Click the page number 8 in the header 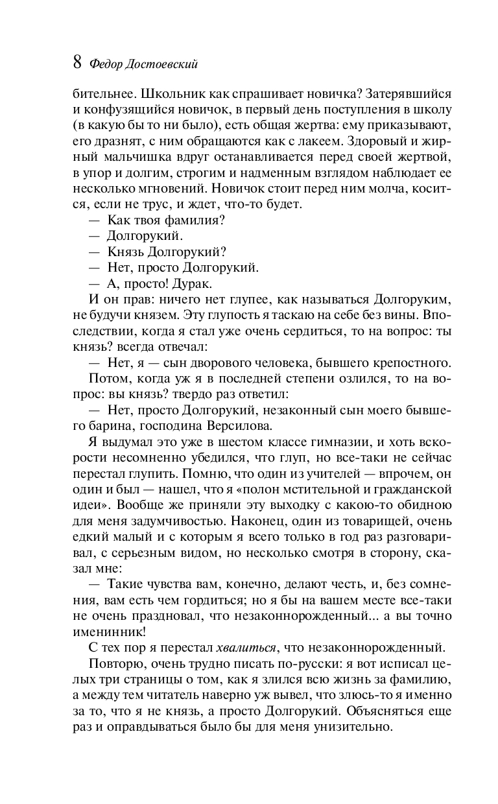click(77, 63)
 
